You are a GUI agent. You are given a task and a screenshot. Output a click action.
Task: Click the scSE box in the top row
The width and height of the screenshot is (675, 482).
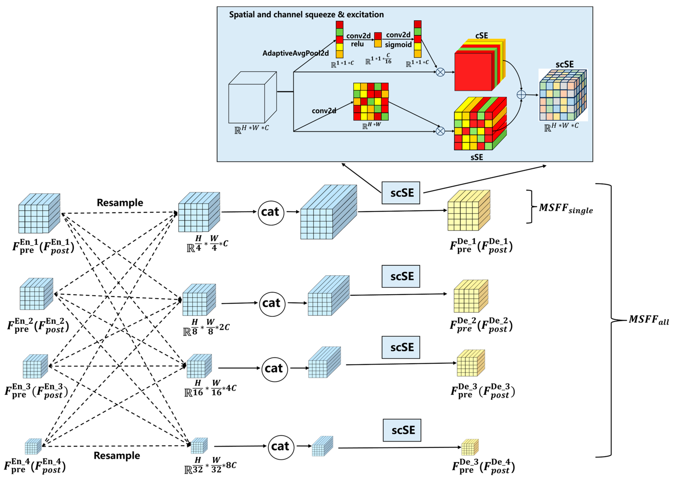click(x=400, y=193)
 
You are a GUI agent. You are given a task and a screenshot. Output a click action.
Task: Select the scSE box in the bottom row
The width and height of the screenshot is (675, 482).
click(x=402, y=430)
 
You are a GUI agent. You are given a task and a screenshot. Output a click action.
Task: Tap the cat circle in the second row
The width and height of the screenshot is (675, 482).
click(x=272, y=303)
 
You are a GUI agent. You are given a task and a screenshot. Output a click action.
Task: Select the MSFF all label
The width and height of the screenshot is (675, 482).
click(x=648, y=320)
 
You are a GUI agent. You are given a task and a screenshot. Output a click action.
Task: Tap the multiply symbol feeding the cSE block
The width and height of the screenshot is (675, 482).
click(x=440, y=72)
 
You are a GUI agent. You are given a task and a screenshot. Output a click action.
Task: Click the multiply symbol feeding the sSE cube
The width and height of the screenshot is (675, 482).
click(x=440, y=131)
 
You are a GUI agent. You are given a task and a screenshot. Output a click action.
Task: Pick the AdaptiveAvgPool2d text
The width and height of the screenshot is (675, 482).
click(x=295, y=53)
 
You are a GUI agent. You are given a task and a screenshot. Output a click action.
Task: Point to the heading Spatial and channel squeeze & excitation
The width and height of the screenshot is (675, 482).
click(x=306, y=15)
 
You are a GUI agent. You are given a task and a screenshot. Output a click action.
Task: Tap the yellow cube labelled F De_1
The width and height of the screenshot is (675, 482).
click(x=468, y=211)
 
